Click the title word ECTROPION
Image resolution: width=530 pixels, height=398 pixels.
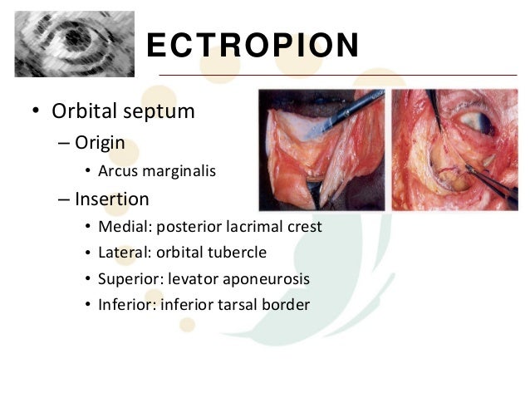point(253,46)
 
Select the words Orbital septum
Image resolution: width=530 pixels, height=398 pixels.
point(124,111)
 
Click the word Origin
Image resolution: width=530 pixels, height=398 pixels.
point(100,142)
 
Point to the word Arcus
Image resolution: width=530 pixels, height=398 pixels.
point(117,171)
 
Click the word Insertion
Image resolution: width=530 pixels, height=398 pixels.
point(112,199)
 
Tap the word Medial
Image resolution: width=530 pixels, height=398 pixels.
point(120,227)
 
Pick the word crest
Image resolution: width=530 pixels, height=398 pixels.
point(303,227)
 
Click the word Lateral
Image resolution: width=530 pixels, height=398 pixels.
point(121,253)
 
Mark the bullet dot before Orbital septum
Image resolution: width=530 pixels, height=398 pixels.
point(37,111)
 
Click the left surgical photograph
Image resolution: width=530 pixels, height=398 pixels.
point(321,148)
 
